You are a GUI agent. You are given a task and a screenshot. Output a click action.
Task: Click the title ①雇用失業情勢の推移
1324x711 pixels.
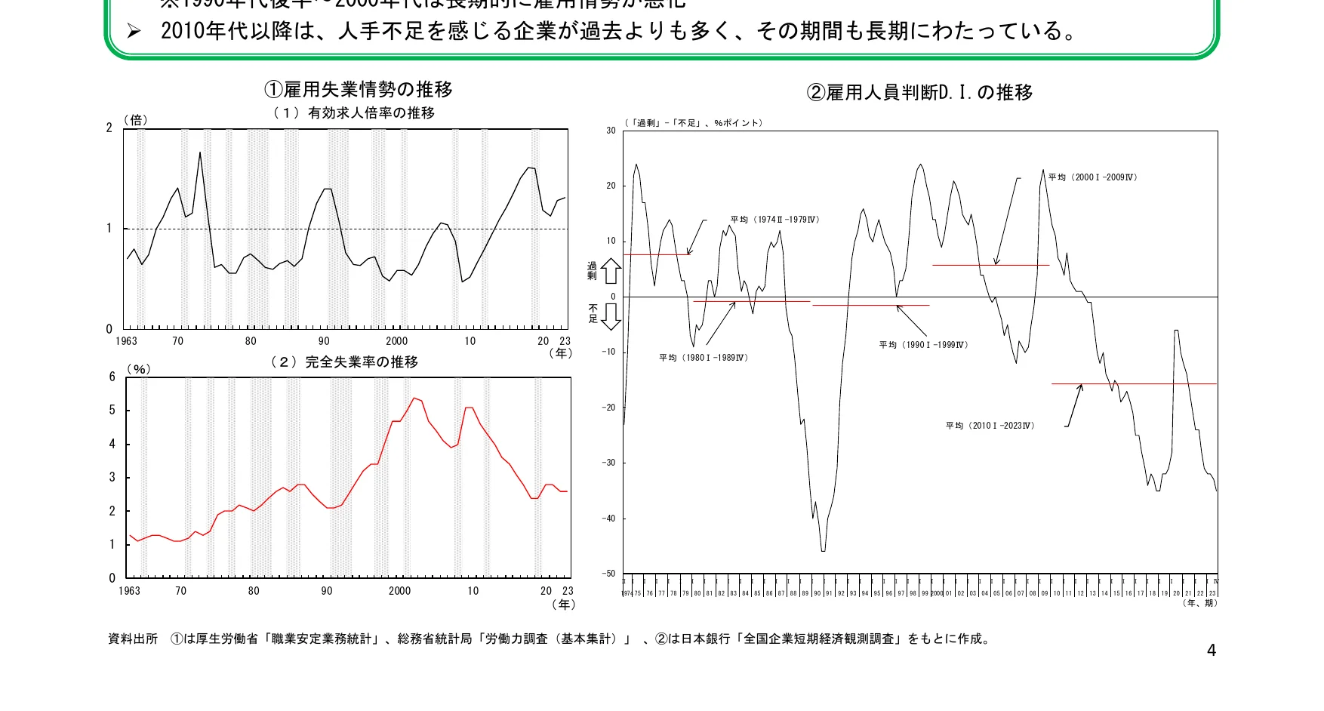[x=359, y=90]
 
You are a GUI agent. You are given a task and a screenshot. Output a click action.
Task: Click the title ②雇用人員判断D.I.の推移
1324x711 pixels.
[x=919, y=93]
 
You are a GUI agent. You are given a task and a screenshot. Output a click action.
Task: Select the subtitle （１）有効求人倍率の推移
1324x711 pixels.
[x=353, y=113]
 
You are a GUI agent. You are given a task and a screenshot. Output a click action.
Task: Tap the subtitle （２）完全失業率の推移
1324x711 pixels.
[x=343, y=362]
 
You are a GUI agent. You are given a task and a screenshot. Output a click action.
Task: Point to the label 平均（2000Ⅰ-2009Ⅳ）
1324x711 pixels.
[x=1092, y=177]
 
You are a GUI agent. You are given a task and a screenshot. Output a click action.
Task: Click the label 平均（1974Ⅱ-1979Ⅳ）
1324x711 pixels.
[x=774, y=220]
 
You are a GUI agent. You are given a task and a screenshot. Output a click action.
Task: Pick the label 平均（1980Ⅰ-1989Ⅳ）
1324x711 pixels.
[x=704, y=358]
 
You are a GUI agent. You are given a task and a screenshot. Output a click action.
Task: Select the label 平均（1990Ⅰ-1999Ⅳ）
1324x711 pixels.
[x=923, y=345]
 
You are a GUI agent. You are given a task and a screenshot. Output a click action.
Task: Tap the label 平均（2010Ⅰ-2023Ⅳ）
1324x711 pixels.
[x=990, y=426]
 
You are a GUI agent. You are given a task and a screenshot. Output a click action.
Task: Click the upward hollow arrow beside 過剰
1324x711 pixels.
[x=611, y=271]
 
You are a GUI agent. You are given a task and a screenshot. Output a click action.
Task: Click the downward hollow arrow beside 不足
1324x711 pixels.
[x=611, y=315]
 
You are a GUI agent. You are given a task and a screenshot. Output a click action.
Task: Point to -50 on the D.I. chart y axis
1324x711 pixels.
[x=608, y=574]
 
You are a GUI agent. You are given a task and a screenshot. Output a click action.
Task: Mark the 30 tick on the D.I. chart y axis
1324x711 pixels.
[x=611, y=131]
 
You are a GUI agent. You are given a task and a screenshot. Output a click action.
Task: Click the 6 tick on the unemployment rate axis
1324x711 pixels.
[x=112, y=377]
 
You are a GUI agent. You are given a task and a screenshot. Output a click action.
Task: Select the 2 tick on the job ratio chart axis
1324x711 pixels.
[x=109, y=128]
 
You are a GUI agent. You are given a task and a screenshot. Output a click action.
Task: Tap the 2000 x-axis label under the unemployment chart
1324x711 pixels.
[x=399, y=591]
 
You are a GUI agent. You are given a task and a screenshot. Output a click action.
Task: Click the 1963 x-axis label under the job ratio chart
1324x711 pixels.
[x=126, y=341]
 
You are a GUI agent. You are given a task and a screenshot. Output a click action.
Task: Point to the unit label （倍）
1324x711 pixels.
[x=136, y=120]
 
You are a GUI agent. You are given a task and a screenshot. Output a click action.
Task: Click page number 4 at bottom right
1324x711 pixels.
[x=1212, y=651]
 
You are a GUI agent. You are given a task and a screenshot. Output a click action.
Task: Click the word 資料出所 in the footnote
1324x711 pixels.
[x=133, y=639]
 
